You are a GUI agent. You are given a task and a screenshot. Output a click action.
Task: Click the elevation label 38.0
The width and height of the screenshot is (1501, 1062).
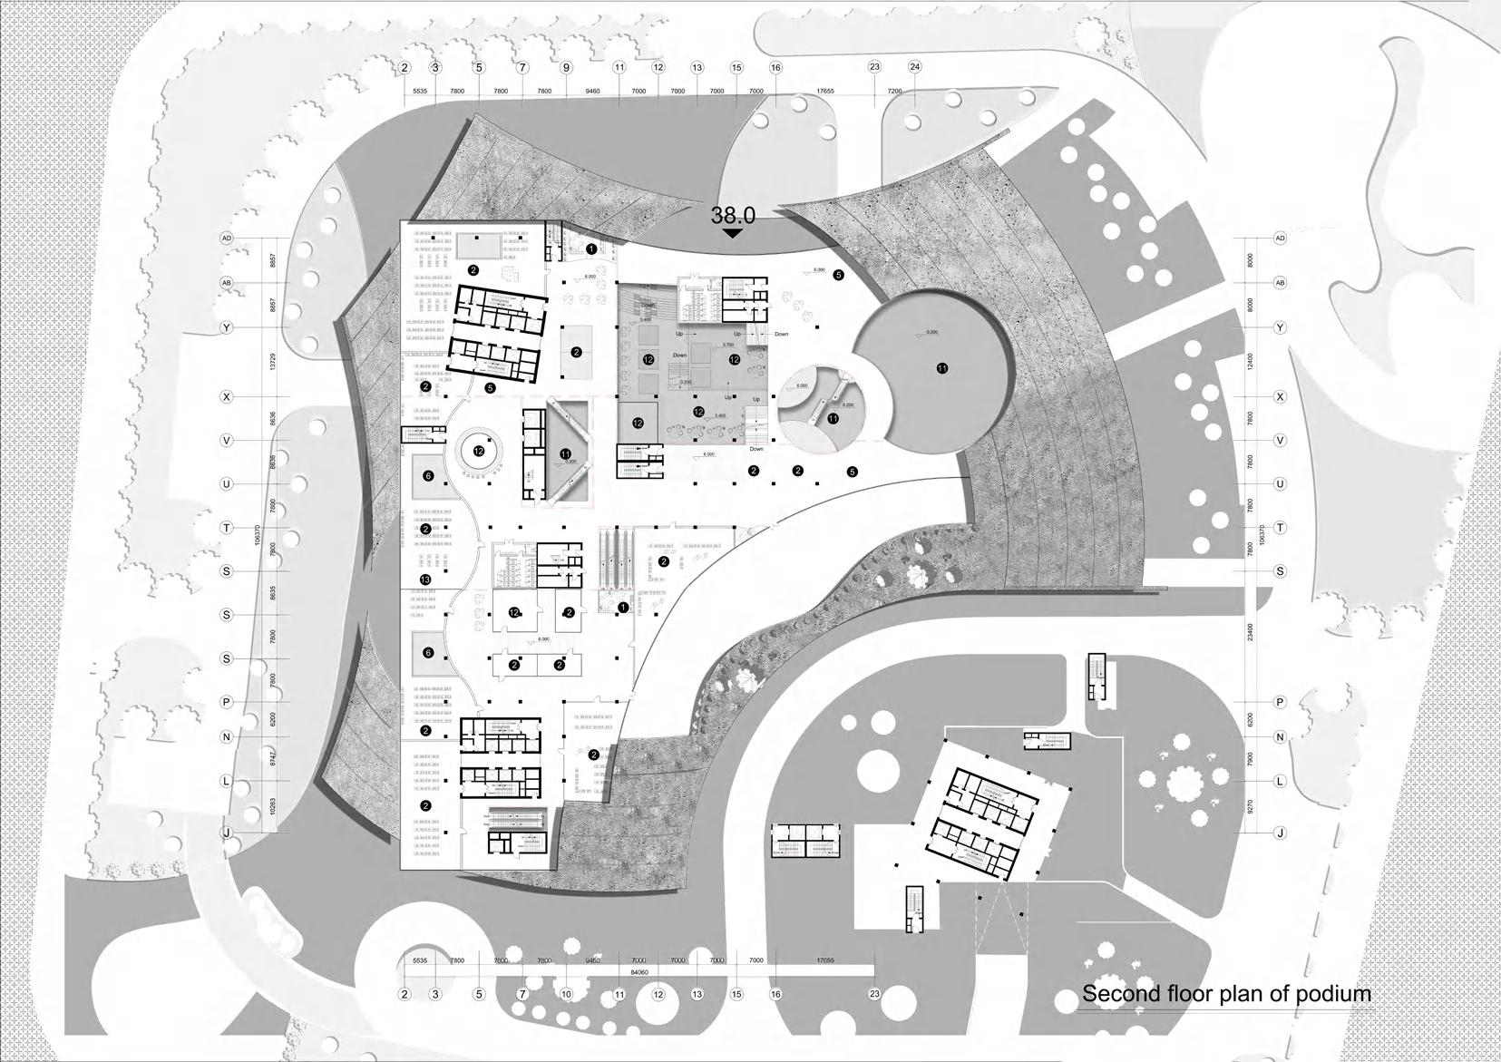click(x=733, y=215)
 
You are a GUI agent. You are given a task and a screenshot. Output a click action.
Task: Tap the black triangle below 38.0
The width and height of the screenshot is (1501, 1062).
click(x=733, y=233)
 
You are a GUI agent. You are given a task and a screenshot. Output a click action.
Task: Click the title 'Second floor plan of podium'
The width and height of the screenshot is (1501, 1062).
click(x=1226, y=993)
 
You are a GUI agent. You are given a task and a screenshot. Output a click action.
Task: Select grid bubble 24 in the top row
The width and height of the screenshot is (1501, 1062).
click(x=914, y=67)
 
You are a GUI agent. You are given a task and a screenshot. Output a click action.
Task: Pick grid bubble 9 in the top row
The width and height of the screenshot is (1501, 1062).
click(x=566, y=67)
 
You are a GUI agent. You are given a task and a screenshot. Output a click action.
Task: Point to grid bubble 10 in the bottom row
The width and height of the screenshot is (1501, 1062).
click(x=566, y=994)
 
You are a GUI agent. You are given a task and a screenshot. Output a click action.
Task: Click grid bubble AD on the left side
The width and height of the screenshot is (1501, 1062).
click(x=227, y=239)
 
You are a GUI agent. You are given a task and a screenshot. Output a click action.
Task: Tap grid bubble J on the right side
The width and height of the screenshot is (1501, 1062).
click(x=1281, y=833)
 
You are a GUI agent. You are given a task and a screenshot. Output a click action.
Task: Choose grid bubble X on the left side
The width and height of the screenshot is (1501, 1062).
click(x=227, y=396)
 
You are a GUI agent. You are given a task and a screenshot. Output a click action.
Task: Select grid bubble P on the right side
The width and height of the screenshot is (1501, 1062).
click(x=1281, y=702)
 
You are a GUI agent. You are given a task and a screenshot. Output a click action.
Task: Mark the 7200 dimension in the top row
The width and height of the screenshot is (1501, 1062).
click(x=894, y=92)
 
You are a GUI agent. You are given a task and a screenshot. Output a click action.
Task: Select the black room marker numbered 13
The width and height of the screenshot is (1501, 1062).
click(x=425, y=580)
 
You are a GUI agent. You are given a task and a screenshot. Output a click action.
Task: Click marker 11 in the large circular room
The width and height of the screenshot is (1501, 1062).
click(x=942, y=368)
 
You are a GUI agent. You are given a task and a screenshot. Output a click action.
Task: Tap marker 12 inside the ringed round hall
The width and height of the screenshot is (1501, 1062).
click(x=478, y=450)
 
